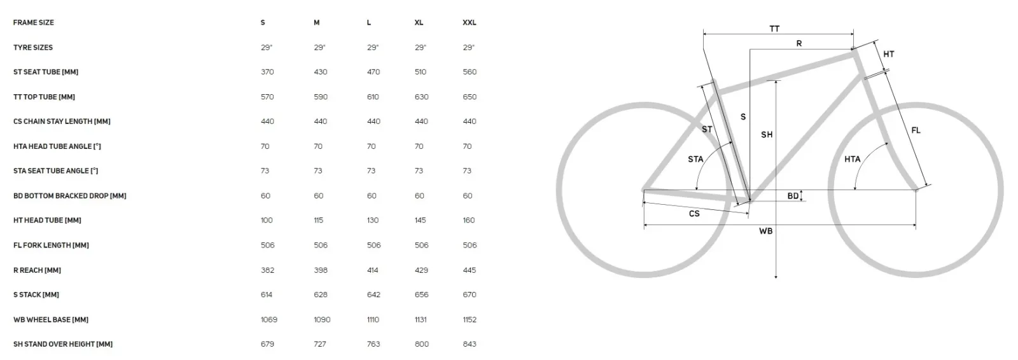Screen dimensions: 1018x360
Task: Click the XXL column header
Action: (x=470, y=23)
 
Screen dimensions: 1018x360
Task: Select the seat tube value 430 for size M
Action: (x=321, y=72)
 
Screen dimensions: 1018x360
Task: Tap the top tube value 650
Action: (x=470, y=97)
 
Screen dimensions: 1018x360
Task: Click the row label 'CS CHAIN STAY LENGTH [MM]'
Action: (x=62, y=121)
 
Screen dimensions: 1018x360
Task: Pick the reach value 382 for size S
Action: (x=267, y=270)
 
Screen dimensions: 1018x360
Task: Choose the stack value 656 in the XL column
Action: (x=421, y=294)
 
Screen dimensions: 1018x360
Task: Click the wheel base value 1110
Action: (x=373, y=319)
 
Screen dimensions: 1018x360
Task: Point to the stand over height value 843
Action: (x=470, y=344)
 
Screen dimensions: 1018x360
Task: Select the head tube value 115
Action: (x=319, y=221)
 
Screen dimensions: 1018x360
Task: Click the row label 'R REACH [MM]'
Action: (x=37, y=270)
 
